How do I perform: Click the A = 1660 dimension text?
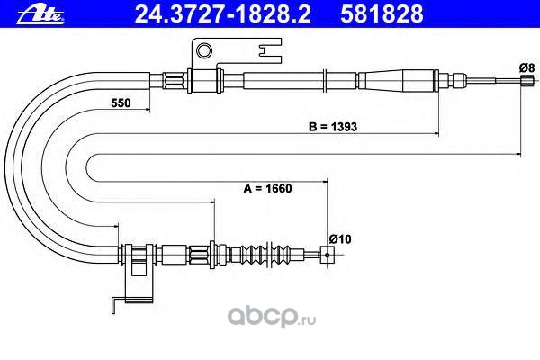pos(269,190)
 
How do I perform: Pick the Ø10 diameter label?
pos(339,238)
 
